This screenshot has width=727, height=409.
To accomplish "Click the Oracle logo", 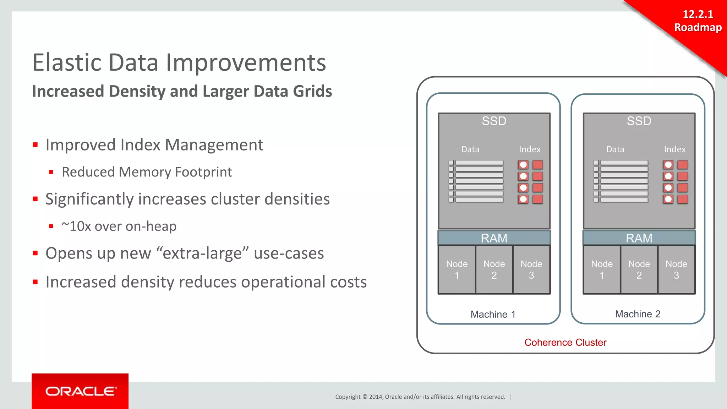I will [x=80, y=391].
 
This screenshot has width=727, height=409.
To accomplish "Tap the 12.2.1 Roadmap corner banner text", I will [x=698, y=21].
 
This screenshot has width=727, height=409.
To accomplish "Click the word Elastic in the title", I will [x=67, y=62].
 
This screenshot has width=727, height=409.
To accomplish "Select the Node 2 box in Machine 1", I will [x=494, y=269].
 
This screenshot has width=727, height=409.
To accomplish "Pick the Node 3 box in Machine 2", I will [x=676, y=269].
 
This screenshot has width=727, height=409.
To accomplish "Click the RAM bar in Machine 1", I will [x=494, y=238].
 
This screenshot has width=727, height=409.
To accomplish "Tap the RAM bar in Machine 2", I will [x=639, y=238].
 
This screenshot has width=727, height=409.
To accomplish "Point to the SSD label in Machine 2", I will [x=639, y=121].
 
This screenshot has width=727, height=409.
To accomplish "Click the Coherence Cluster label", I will [x=565, y=342].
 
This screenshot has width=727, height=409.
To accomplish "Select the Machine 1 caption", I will [x=493, y=314].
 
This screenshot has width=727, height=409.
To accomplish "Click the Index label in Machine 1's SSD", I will [x=530, y=149].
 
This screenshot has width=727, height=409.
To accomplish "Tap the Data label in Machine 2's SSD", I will [x=615, y=149].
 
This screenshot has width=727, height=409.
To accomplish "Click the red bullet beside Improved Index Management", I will [x=35, y=145].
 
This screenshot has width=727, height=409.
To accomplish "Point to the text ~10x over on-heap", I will [x=119, y=226].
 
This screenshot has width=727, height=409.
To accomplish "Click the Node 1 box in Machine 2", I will [x=602, y=269].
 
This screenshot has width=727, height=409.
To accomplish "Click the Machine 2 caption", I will [x=638, y=314].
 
